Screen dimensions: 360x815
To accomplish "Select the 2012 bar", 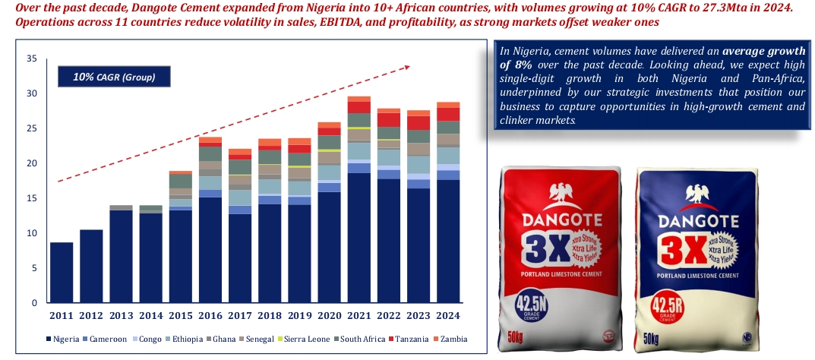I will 91,266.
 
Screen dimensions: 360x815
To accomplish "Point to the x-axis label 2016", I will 210,315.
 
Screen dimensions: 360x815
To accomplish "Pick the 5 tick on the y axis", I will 33,268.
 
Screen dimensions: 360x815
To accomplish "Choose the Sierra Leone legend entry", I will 301,338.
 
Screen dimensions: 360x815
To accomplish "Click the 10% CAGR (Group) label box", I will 113,77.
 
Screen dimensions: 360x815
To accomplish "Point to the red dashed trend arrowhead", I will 406,67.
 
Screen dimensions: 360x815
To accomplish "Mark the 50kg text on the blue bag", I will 651,336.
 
